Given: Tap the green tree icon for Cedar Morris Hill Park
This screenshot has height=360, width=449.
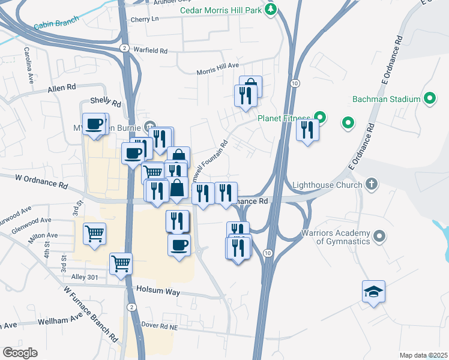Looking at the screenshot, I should click(271, 10).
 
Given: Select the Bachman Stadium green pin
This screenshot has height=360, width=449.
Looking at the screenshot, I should click(430, 98).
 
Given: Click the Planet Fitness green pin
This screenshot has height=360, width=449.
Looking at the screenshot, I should click(320, 118).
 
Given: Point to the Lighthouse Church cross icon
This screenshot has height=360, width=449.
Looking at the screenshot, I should click(372, 184).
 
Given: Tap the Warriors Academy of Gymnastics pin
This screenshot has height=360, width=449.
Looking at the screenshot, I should click(379, 237).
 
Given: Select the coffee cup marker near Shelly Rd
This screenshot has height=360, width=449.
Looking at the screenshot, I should click(94, 124).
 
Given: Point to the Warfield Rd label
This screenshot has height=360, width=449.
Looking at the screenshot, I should click(150, 49).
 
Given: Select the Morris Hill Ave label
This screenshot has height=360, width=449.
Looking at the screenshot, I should click(218, 70).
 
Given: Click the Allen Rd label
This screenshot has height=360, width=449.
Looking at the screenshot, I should click(62, 88).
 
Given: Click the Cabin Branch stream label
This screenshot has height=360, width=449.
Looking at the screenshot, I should click(55, 24).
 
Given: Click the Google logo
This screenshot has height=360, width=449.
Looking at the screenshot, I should click(20, 352).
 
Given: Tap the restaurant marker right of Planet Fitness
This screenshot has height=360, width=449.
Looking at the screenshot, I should click(307, 130).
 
